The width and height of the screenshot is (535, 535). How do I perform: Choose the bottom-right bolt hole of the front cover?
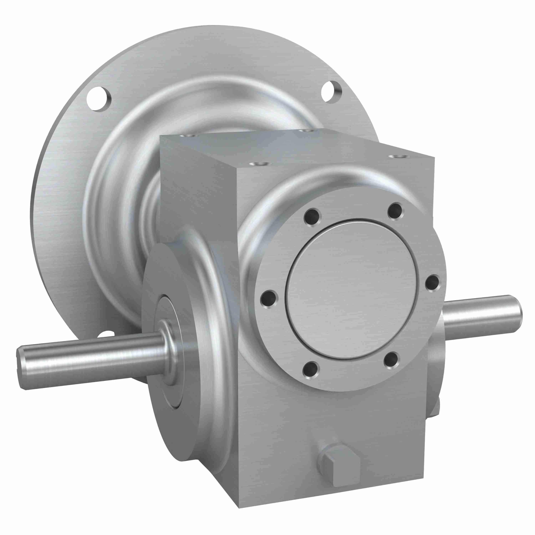(x=391, y=361)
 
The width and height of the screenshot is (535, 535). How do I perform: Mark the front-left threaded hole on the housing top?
(x=259, y=164)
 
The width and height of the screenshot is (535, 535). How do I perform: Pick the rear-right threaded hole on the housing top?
(x=305, y=130)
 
